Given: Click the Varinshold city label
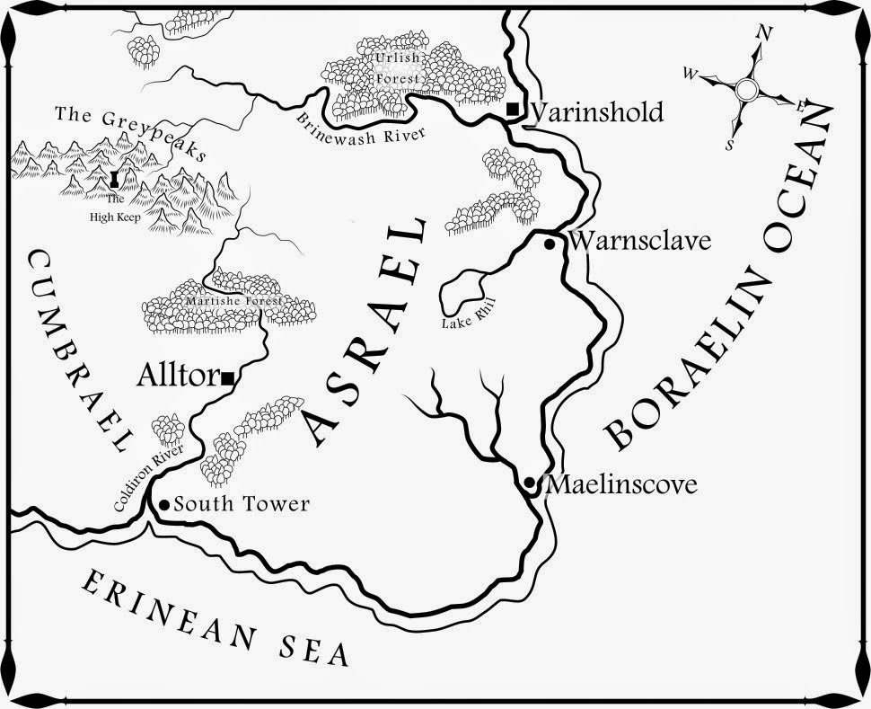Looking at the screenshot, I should pos(597,112).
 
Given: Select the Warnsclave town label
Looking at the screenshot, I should pos(639,242).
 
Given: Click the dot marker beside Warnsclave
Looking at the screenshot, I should pos(550,243).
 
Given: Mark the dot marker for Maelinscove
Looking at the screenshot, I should pos(530,483).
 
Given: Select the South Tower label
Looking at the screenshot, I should pos(242,505).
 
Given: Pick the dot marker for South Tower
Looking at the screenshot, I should pos(164,505).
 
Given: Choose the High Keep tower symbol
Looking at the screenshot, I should pos(114,180).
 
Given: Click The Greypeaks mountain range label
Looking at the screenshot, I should pos(130,133).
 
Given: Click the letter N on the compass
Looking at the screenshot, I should pos(766,33).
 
